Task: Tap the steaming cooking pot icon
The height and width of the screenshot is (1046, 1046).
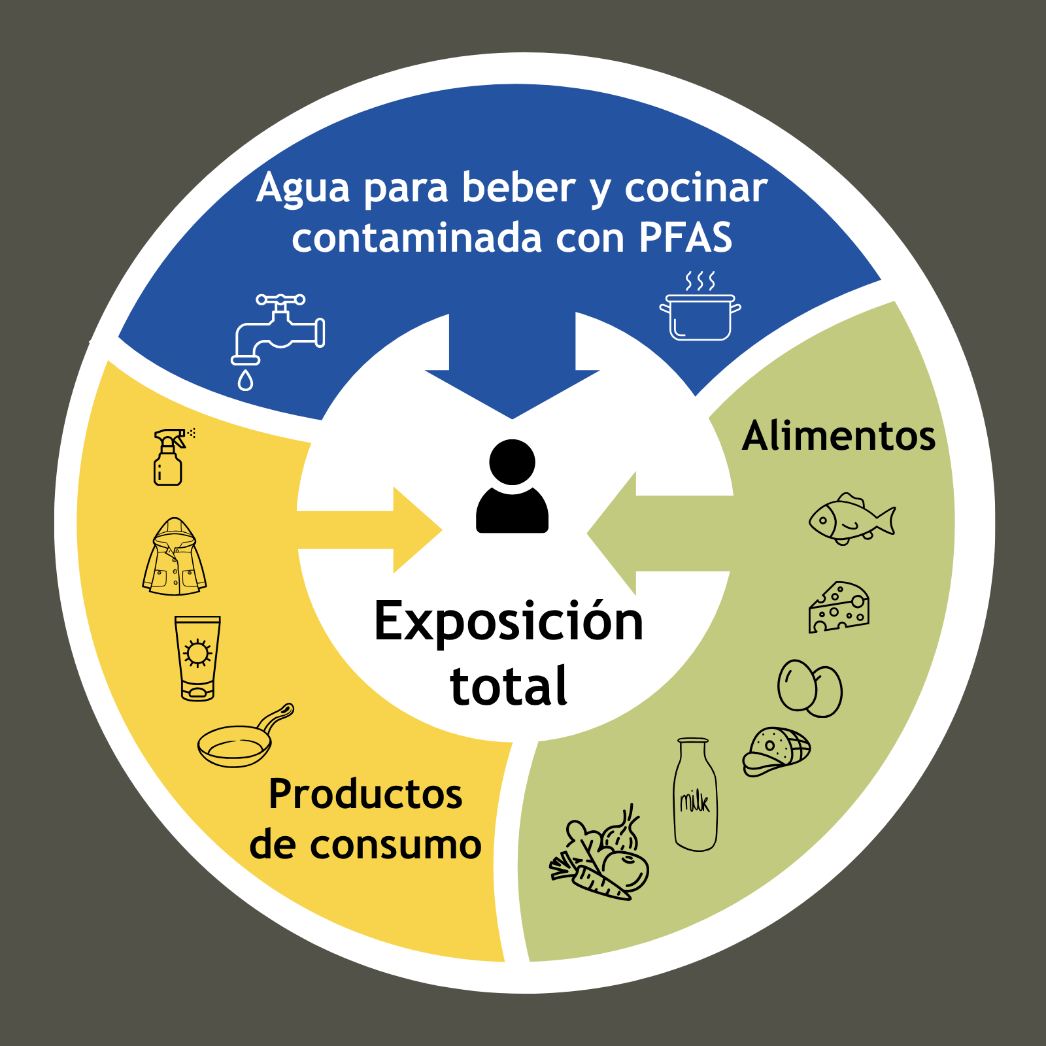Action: [700, 311]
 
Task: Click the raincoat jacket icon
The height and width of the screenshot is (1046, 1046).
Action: [175, 558]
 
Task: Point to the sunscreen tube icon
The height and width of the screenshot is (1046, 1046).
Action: [197, 658]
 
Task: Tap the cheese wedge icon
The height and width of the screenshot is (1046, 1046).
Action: [839, 608]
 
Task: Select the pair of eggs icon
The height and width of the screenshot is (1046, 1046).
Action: [809, 688]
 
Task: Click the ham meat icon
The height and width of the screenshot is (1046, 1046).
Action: [776, 751]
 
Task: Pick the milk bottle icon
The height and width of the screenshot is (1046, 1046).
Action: [695, 795]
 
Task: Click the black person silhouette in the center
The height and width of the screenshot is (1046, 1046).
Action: [512, 486]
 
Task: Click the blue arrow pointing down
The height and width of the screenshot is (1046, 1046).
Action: [512, 373]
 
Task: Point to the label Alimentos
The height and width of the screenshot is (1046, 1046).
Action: [839, 436]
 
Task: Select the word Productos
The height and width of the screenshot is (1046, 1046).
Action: [365, 794]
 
